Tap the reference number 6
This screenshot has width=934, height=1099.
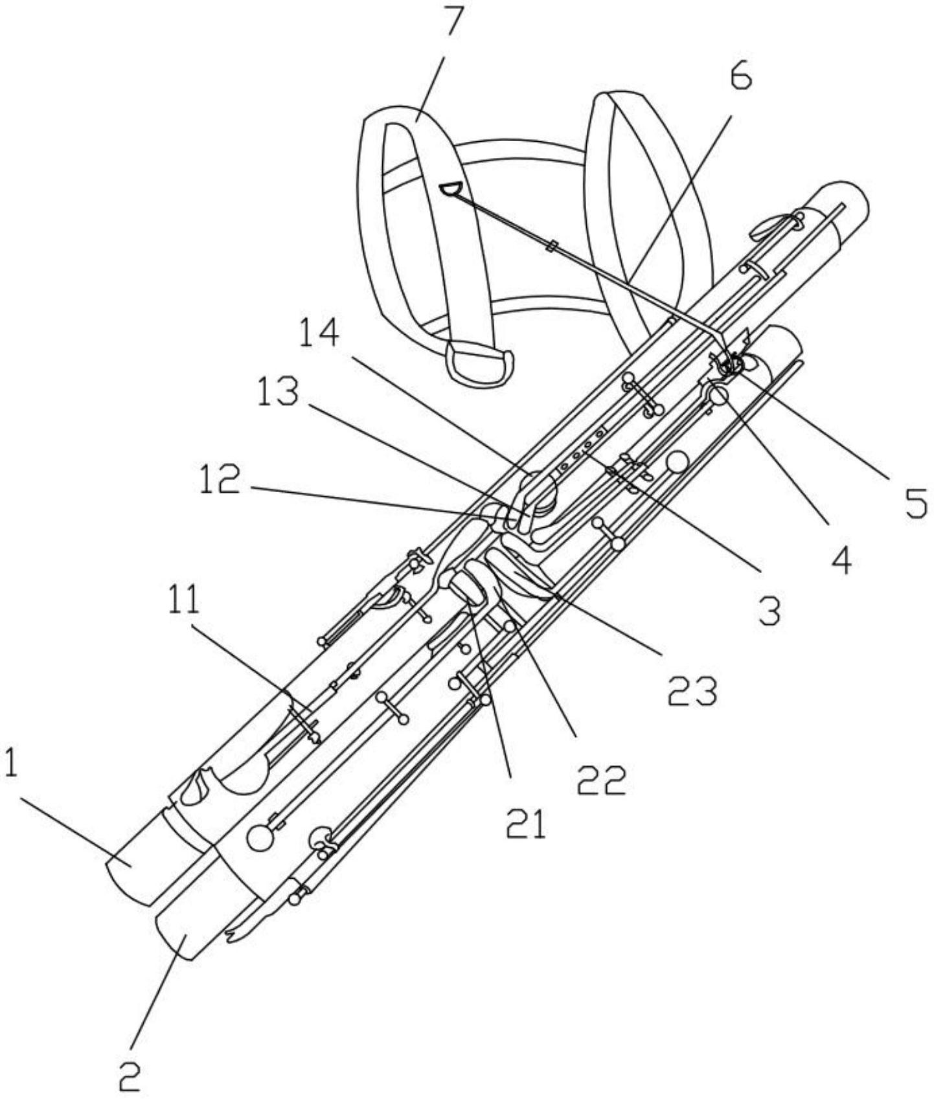740,76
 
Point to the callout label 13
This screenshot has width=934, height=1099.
278,392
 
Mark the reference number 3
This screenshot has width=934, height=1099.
769,611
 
